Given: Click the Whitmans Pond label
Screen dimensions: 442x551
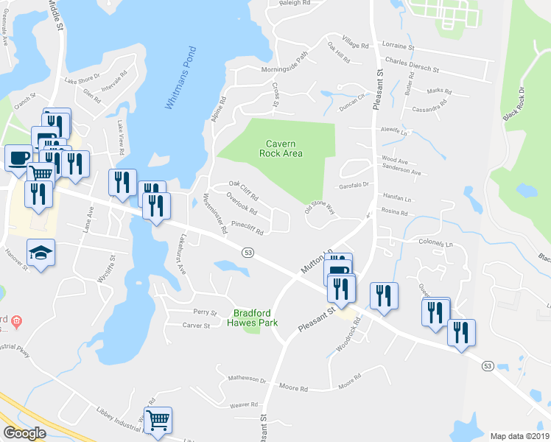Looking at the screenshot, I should pos(180,78).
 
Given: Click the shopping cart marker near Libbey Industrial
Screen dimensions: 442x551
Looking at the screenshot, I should pos(158,421).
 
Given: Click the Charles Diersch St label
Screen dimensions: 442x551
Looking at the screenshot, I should pos(412,67).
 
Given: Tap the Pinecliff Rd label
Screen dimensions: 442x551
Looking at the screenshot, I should pos(248,225).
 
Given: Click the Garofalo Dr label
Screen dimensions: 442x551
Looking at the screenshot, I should pos(353,186).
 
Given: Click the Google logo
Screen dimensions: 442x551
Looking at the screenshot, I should pos(24,433).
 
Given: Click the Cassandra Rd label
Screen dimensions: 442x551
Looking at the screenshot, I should pos(430,108).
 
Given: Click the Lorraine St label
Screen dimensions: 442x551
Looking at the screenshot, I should pos(399,47).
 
